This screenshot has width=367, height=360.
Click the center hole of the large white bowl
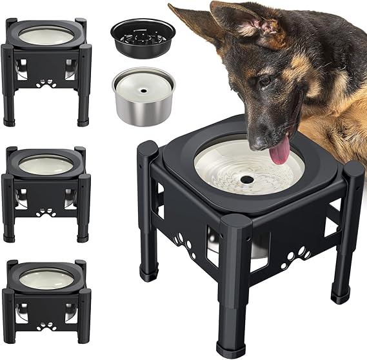coord(247,179)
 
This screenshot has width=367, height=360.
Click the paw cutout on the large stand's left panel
coord(183,246)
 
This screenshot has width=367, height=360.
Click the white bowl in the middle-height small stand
coord(46,165)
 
